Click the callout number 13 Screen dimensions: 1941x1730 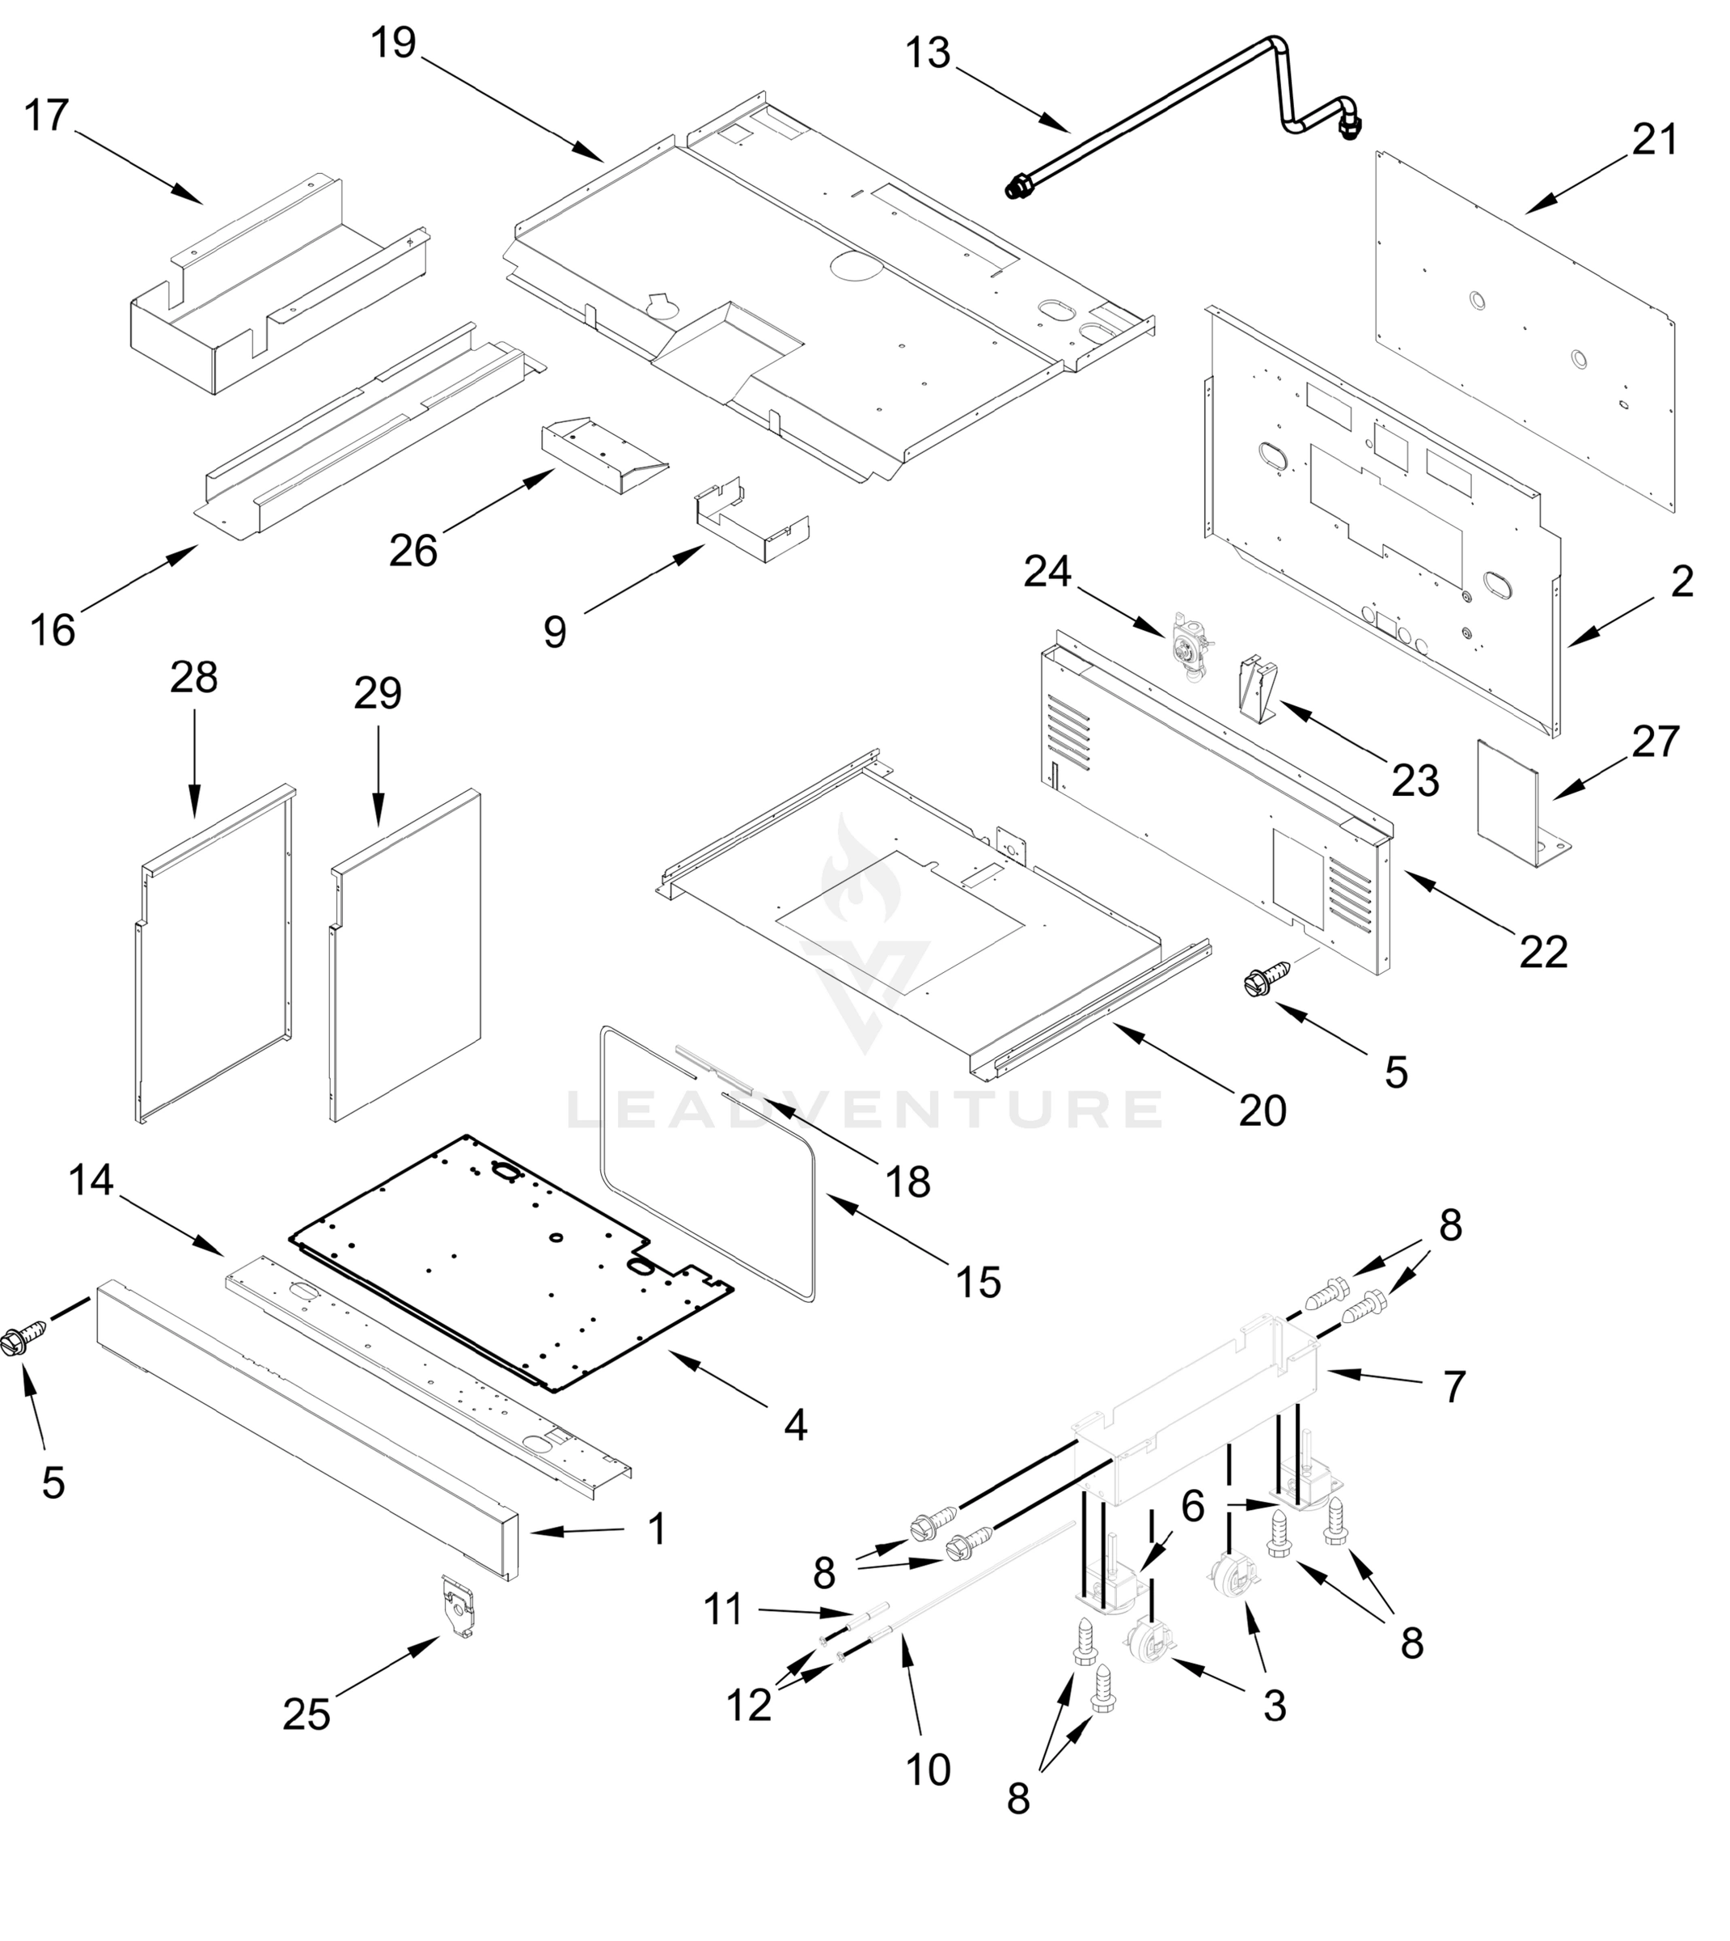pos(927,53)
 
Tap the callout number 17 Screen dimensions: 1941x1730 pos(47,116)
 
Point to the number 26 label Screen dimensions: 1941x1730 pos(412,551)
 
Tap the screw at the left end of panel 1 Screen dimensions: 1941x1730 pos(21,1338)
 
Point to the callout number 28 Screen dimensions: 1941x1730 pos(194,678)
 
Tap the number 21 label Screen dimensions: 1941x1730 pos(1655,140)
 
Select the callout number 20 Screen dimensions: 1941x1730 pos(1262,1110)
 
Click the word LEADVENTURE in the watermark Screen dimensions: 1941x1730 pos(865,1108)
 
